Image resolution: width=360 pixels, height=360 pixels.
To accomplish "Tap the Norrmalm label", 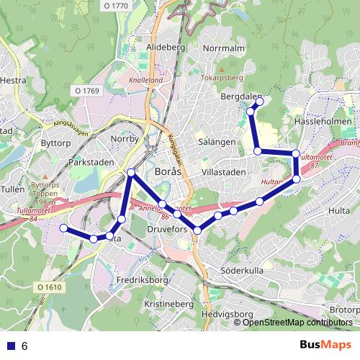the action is (x=225, y=48).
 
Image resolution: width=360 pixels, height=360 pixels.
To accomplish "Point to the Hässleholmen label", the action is (x=323, y=122).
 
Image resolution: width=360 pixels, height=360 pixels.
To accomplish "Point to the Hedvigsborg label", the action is (x=228, y=315).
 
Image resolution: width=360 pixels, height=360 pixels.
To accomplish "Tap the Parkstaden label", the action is (x=91, y=163).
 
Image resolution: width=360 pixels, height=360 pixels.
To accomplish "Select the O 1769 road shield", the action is (x=86, y=91).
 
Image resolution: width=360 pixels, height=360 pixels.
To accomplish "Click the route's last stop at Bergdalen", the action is (x=260, y=101).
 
